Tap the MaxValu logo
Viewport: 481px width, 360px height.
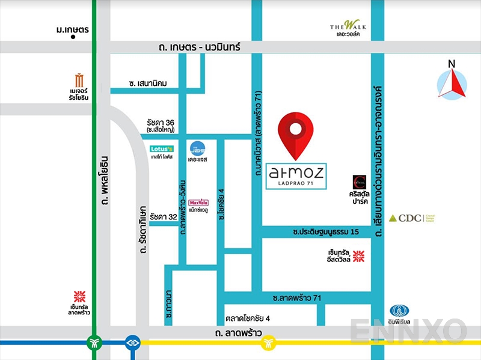(x=198, y=203)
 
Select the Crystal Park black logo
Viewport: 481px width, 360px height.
(x=359, y=181)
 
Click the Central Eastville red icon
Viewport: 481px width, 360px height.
(x=359, y=257)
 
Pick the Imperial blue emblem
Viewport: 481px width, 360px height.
(x=399, y=311)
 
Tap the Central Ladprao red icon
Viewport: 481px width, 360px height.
(x=79, y=296)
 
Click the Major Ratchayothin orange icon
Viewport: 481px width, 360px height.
(x=79, y=80)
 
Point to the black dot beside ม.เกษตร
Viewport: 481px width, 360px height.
(x=73, y=37)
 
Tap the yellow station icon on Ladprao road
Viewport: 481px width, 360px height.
(x=268, y=343)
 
